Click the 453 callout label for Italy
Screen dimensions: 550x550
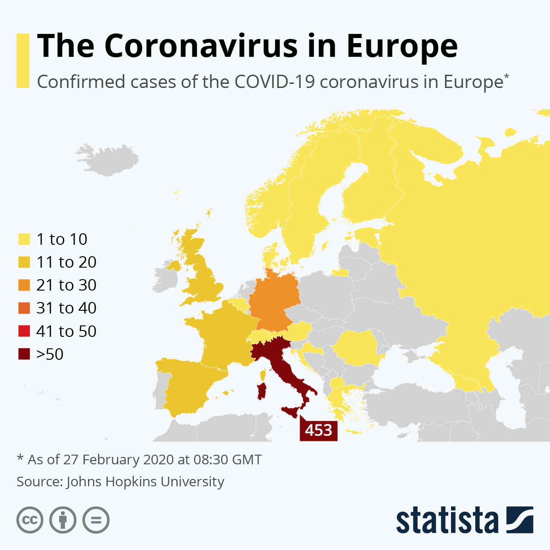319,430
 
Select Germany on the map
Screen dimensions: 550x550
274,302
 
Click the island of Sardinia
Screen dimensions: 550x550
262,391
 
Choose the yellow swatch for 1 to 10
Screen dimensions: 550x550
24,239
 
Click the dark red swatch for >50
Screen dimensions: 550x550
24,354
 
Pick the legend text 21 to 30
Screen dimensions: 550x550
66,285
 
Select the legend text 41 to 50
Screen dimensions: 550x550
66,331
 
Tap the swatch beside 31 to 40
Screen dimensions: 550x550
24,308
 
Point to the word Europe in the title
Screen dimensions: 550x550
402,46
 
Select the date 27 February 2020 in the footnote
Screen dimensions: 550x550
119,460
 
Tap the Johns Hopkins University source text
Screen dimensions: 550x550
145,482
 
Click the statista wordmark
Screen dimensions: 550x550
447,521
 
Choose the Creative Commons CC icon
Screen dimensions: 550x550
30,520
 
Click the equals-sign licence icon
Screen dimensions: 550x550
96,520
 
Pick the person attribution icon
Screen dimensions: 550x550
63,520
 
